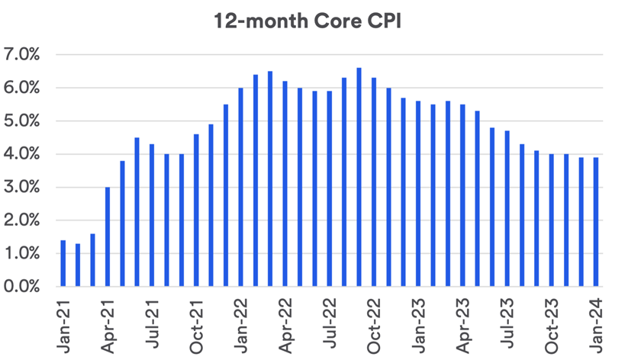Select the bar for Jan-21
63,264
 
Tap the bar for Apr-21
108,237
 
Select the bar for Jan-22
240,188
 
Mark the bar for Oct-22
374,182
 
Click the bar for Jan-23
418,194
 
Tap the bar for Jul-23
507,209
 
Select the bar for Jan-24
596,222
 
